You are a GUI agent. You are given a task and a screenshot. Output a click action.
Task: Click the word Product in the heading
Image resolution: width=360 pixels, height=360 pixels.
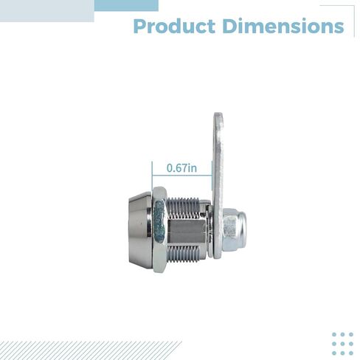tap(174, 26)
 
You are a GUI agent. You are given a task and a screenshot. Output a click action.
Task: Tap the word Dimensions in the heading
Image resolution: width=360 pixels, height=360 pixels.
tap(283, 26)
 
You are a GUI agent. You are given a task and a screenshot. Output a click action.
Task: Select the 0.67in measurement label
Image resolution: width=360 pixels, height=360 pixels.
tap(181, 168)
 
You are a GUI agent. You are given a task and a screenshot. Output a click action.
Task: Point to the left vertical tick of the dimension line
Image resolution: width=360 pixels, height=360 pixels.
tap(152, 176)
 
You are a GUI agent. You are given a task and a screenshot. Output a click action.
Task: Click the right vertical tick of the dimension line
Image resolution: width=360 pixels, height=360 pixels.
tap(212, 176)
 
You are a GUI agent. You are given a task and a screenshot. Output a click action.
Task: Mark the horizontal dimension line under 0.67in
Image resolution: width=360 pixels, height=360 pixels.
tap(182, 176)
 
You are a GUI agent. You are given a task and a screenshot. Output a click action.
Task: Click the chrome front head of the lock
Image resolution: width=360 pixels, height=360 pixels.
tap(141, 231)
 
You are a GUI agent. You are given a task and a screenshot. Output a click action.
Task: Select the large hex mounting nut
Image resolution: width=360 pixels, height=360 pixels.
tap(160, 229)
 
